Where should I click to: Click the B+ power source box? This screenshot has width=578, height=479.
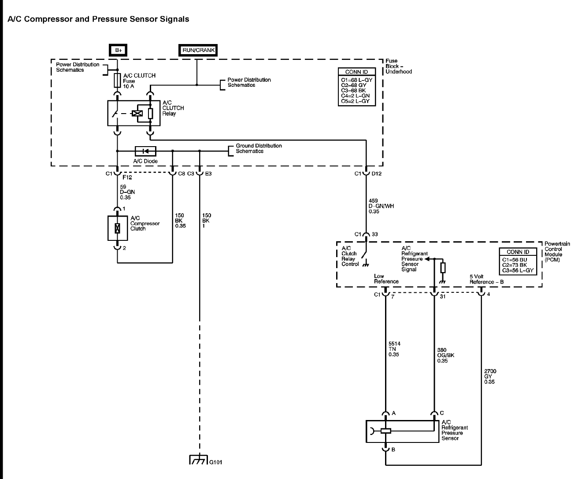coord(118,50)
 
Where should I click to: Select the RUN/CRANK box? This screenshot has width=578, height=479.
coord(198,50)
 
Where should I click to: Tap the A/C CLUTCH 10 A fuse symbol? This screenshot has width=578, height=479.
coord(117,81)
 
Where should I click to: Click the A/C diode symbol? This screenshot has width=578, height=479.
coord(146,151)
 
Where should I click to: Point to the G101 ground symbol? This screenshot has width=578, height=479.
coord(198,460)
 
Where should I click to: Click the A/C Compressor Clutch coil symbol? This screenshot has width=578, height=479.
coord(117,228)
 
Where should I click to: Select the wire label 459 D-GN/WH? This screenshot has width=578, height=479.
coord(381,206)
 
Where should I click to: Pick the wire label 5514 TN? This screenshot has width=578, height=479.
coord(394,349)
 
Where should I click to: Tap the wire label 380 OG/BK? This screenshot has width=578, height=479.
coord(446,355)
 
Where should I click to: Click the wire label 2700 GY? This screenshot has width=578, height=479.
coord(490,376)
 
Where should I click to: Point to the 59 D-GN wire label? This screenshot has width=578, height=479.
coord(127,192)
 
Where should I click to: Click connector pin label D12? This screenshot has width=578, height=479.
coord(377,173)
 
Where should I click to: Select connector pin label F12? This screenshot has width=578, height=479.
coord(127,177)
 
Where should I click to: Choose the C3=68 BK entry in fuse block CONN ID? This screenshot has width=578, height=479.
coord(353,91)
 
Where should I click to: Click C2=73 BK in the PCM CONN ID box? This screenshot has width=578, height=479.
coord(515,265)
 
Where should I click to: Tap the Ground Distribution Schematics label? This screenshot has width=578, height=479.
coord(259,148)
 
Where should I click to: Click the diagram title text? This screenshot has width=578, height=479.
coord(98,19)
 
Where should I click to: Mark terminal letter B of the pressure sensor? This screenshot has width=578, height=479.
coord(393,450)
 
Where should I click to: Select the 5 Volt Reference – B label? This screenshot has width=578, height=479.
coord(486,279)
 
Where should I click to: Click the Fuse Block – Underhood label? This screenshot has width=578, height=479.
coord(399,66)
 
